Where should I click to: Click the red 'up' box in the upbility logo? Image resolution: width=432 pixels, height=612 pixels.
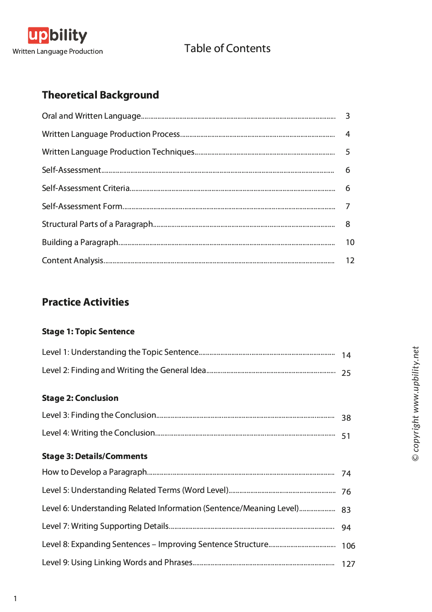tap(38, 36)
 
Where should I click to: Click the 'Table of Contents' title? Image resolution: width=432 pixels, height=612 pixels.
tap(227, 48)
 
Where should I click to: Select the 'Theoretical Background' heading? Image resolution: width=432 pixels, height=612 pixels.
tap(101, 95)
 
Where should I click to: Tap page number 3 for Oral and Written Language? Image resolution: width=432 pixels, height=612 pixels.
tap(348, 116)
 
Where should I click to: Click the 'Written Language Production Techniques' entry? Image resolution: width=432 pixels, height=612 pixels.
tap(118, 152)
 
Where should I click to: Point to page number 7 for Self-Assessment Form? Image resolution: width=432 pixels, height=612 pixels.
tap(348, 207)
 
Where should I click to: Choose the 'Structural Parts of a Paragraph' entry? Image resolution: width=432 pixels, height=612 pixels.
tap(97, 224)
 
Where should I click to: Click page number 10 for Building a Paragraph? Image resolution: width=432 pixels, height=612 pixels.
tap(350, 242)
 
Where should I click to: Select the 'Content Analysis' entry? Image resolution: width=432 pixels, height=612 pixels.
tap(73, 260)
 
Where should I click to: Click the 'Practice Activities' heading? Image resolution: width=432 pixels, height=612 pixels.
tap(86, 302)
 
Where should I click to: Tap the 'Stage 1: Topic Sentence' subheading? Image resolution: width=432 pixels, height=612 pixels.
tap(88, 331)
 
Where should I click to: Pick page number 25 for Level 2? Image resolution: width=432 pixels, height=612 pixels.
tap(346, 373)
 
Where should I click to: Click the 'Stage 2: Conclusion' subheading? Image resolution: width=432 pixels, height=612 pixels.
tap(80, 398)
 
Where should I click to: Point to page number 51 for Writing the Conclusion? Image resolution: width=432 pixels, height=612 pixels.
tap(346, 436)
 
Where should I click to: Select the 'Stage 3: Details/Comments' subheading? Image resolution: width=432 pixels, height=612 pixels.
tap(94, 456)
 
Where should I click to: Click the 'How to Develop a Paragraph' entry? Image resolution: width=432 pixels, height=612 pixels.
tap(94, 472)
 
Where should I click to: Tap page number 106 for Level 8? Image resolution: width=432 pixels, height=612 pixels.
tap(348, 546)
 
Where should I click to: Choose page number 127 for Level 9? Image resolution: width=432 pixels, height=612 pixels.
tap(348, 564)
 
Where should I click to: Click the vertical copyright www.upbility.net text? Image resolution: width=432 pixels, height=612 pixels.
tap(415, 404)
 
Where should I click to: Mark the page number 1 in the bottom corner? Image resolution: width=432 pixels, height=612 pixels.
tap(15, 598)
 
